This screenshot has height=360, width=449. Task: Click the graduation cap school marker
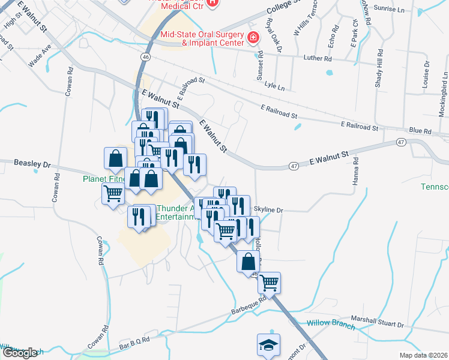[268, 344]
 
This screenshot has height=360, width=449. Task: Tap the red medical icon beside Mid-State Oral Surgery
[254, 38]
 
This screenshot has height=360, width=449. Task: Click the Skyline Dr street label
[268, 210]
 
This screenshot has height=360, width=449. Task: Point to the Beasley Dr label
[33, 163]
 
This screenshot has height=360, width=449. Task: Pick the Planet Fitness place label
[104, 179]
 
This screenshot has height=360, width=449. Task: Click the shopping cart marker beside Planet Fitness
[113, 194]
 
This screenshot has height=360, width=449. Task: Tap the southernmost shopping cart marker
[270, 281]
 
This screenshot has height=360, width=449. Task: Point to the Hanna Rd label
[356, 172]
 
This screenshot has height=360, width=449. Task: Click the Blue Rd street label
[420, 131]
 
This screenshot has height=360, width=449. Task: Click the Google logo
[20, 352]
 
